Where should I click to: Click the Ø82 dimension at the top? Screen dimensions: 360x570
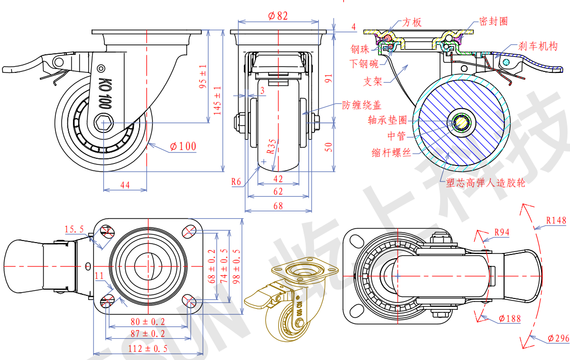tap(278, 16)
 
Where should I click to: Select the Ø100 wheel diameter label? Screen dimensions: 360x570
tap(183, 146)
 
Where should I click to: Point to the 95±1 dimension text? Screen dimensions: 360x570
tap(203, 77)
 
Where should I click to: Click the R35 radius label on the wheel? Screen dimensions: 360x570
tap(272, 146)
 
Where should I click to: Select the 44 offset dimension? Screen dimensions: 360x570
tap(125, 185)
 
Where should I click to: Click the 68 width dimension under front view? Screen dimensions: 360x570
tap(278, 206)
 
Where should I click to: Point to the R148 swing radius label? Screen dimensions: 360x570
tap(556, 220)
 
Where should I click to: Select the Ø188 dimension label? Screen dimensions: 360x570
tap(510, 319)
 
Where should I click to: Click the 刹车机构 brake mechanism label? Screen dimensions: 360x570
tap(538, 47)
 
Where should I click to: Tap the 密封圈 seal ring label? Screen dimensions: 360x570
tap(493, 21)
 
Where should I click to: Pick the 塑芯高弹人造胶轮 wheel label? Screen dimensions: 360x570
tap(485, 183)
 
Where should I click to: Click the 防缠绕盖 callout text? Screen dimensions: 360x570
tap(362, 105)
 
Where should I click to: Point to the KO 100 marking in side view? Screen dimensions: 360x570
tap(105, 93)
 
